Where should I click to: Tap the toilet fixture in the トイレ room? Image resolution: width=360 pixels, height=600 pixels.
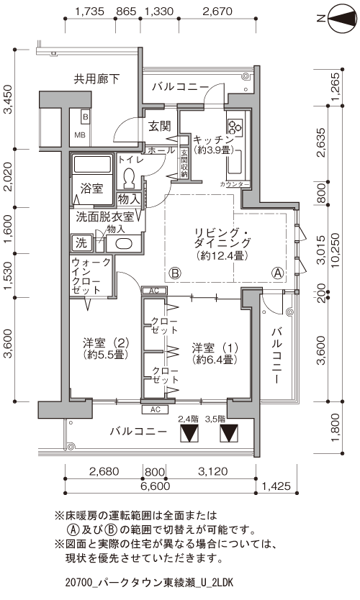(130, 176)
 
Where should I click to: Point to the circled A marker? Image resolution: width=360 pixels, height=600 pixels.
(277, 273)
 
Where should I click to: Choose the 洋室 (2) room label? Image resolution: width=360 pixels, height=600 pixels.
(105, 348)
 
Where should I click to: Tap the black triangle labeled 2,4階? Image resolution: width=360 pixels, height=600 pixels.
(189, 435)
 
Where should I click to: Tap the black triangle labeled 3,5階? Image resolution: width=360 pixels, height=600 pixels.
(229, 435)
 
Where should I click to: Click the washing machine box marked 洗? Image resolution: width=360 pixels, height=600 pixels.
(81, 242)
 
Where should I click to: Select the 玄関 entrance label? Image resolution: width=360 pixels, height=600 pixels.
(159, 126)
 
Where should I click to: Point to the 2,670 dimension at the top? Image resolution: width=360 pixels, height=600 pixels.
(217, 12)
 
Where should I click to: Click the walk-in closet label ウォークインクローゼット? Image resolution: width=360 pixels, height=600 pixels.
(91, 276)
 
